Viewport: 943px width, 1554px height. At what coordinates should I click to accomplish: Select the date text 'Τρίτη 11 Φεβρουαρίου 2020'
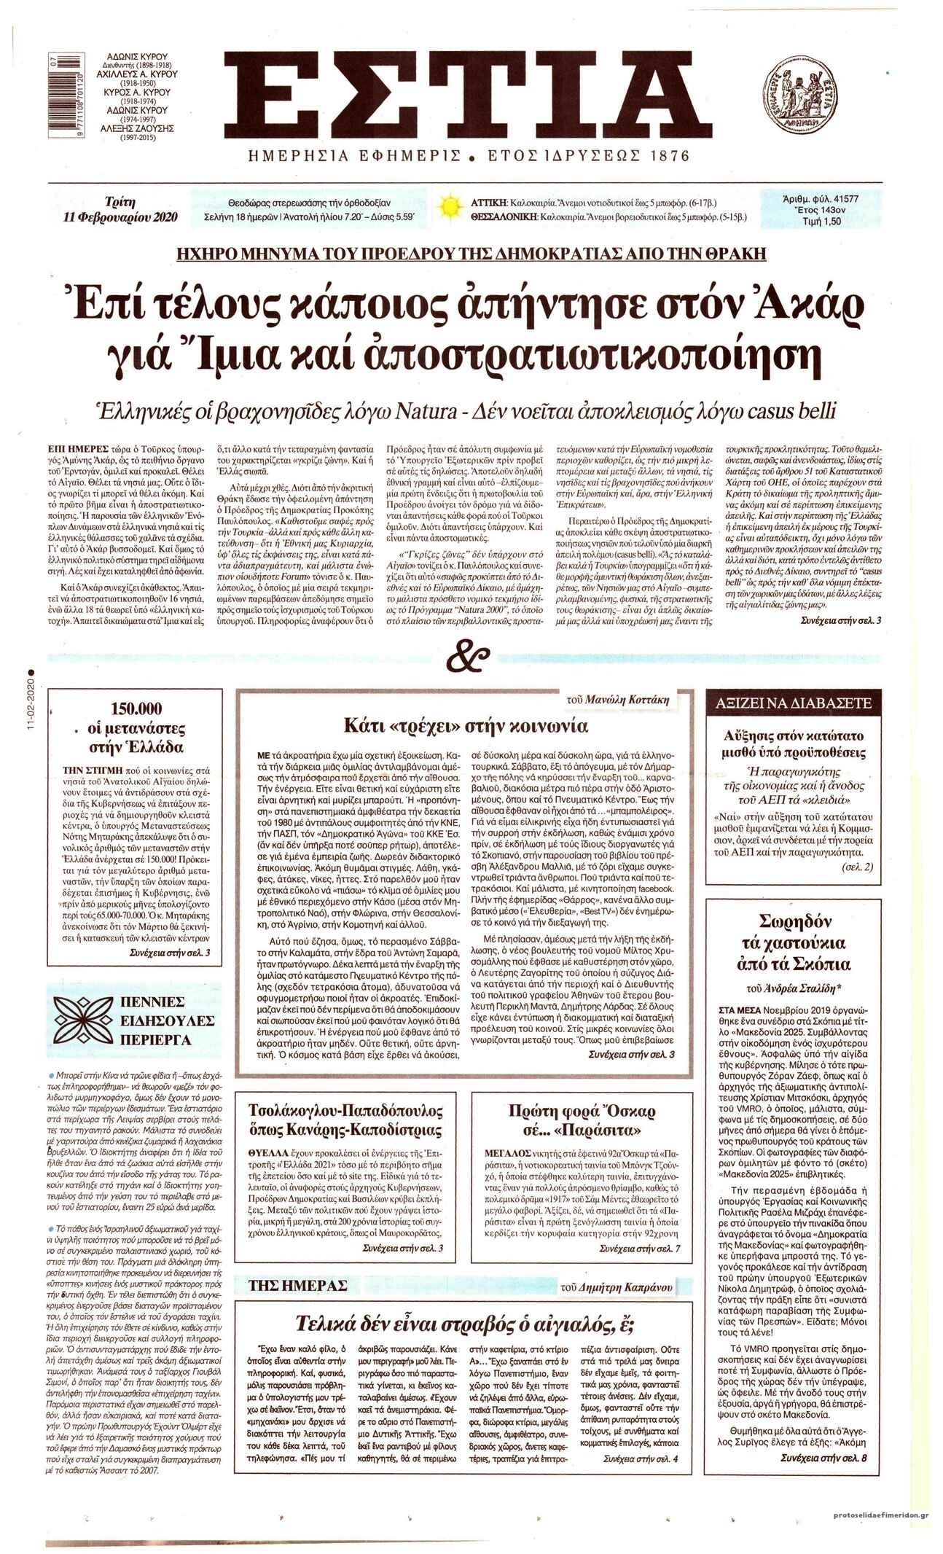click(x=120, y=208)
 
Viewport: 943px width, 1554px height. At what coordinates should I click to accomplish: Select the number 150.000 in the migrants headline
click(x=136, y=708)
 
